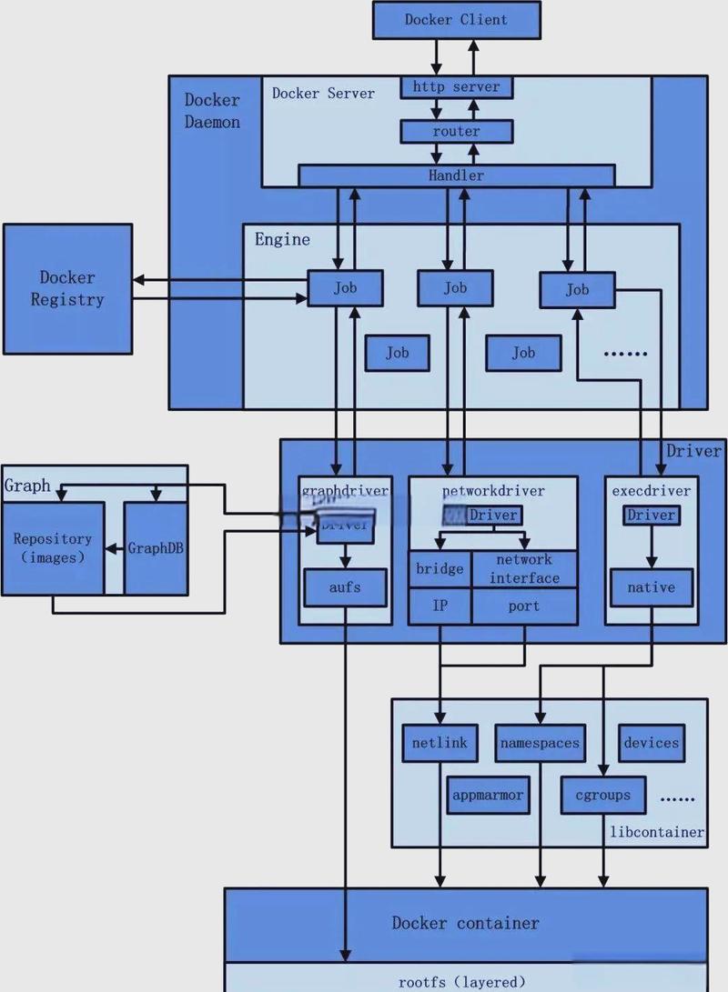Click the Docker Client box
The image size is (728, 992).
point(456,19)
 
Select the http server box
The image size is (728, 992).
point(456,87)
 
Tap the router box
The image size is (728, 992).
point(456,131)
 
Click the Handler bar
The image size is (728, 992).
point(456,175)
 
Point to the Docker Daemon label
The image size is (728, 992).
point(212,110)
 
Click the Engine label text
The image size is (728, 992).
point(282,240)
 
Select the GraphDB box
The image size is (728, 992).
point(157,548)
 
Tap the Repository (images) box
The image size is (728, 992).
point(53,548)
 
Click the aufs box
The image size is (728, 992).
point(345,587)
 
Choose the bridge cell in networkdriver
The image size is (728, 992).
point(440,569)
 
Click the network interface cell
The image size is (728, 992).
point(524,569)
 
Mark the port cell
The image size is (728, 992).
point(524,606)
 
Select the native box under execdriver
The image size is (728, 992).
point(651,587)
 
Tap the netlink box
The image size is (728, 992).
point(440,743)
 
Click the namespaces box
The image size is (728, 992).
point(539,743)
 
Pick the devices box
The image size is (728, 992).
point(652,743)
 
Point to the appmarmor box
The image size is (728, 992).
point(488,795)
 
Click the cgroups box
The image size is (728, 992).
point(602,795)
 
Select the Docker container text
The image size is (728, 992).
point(465,923)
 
